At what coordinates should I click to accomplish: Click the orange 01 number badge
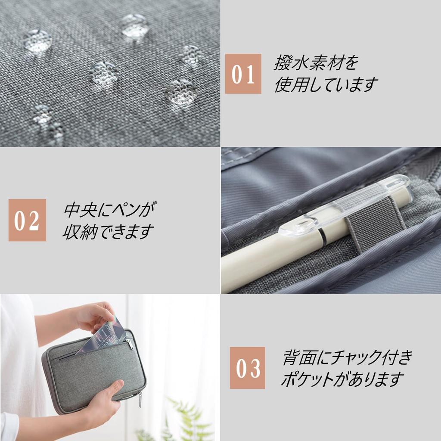(x=243, y=74)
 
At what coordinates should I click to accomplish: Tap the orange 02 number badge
(x=27, y=220)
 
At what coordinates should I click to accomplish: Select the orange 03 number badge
(x=248, y=368)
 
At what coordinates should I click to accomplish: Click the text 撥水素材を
(x=316, y=62)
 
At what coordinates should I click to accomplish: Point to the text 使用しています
(x=326, y=84)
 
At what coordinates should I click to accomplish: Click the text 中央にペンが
(x=110, y=210)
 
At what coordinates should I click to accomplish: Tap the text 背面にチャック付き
(x=348, y=357)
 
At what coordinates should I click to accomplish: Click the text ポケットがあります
(x=342, y=379)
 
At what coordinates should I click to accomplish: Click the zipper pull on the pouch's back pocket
(x=130, y=344)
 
